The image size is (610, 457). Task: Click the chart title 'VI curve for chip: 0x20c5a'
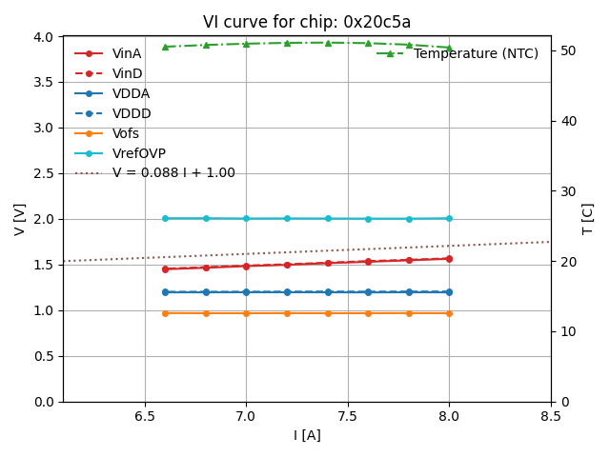[x=307, y=22]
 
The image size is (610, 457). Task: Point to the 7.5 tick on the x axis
[x=347, y=416]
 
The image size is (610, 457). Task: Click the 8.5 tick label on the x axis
[x=550, y=416]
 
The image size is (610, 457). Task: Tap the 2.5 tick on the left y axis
[x=45, y=173]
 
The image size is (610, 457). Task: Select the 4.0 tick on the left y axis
[x=45, y=36]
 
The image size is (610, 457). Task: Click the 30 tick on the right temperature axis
[x=563, y=190]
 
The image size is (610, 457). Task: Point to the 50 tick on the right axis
[x=563, y=50]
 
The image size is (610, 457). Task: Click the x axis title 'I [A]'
[x=307, y=435]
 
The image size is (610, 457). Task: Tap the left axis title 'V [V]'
[x=19, y=219]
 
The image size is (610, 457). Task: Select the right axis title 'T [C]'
[x=588, y=219]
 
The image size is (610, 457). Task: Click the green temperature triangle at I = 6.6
[x=165, y=47]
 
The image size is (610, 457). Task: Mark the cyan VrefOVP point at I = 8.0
[x=449, y=218]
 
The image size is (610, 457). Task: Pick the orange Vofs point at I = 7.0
[x=246, y=313]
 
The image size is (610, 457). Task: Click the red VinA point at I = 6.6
[x=165, y=268]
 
